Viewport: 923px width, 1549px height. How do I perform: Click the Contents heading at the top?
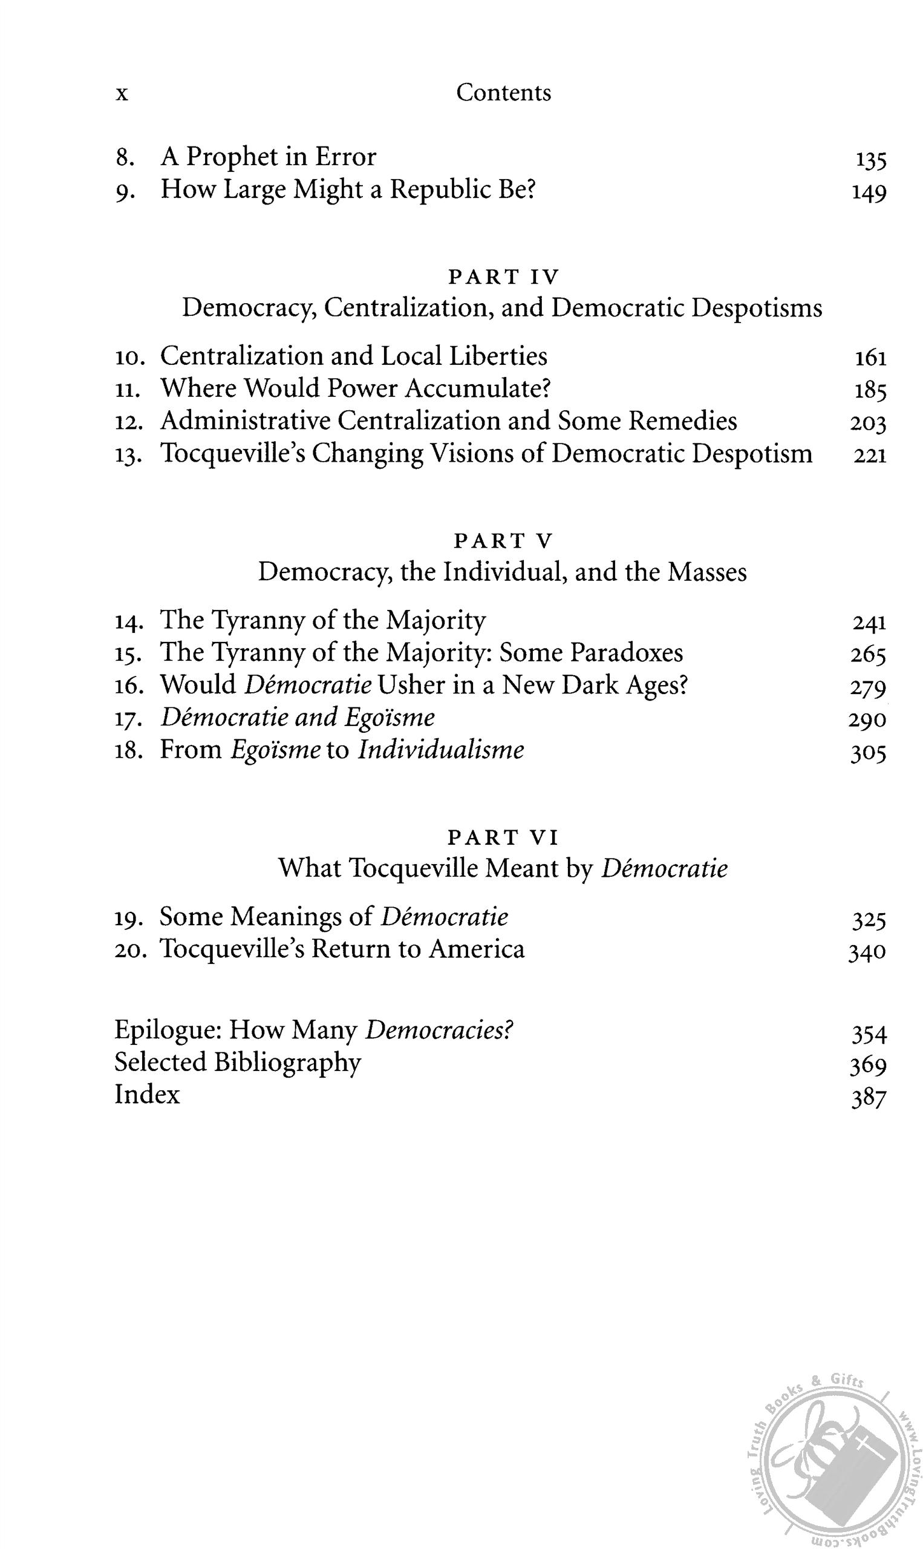click(503, 93)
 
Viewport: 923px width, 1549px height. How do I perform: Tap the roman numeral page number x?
click(123, 94)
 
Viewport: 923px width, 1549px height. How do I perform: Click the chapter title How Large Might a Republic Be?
click(348, 190)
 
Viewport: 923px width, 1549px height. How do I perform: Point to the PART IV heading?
click(504, 277)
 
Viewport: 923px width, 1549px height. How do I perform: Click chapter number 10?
click(130, 358)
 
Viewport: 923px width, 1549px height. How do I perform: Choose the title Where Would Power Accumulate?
click(356, 389)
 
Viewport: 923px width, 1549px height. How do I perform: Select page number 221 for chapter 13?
click(869, 456)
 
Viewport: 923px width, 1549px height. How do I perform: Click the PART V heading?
click(503, 541)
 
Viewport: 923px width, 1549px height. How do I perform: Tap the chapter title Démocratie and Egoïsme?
click(298, 718)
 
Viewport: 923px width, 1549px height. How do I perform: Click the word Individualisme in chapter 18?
click(440, 750)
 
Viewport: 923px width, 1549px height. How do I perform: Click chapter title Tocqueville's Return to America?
click(342, 949)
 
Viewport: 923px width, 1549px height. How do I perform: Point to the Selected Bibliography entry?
click(237, 1063)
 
